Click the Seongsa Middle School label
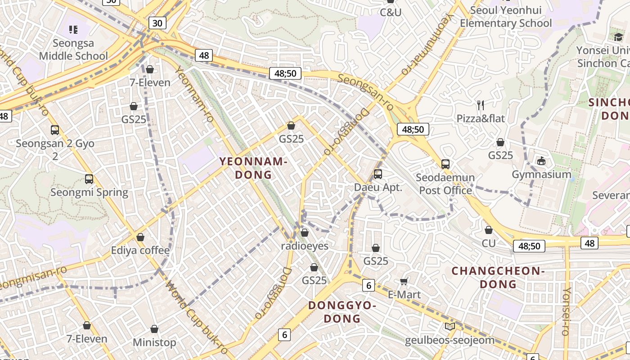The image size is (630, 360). coord(73,49)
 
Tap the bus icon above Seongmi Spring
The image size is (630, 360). coord(89,179)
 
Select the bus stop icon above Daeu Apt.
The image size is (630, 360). coord(378,174)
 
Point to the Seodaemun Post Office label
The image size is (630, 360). coord(445,184)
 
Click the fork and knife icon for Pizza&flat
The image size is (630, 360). coord(481,105)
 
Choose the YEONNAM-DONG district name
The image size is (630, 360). coord(253,168)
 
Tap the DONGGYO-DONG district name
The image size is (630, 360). coord(342,312)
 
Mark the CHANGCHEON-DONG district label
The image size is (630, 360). coord(498,277)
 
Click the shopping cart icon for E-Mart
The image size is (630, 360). coord(404,281)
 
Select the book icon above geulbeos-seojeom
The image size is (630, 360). coord(450,326)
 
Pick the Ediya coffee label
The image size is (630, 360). coord(140,250)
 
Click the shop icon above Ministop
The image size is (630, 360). coord(154,329)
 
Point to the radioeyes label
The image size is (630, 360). coord(305,246)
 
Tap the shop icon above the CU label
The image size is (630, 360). coord(489,230)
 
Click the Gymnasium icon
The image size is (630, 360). coord(541,161)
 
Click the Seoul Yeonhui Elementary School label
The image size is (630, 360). coord(505,17)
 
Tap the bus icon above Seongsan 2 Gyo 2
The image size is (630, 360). coord(55,130)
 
